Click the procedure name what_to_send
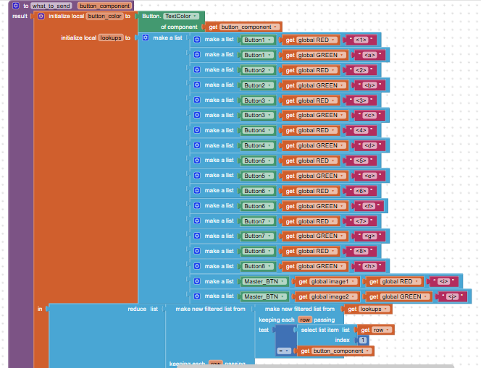[51, 5]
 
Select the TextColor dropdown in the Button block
[182, 15]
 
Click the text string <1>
[361, 40]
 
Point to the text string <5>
[361, 161]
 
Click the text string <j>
[451, 296]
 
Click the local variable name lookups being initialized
[110, 38]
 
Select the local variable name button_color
[104, 16]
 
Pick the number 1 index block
[363, 340]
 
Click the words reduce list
[143, 309]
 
